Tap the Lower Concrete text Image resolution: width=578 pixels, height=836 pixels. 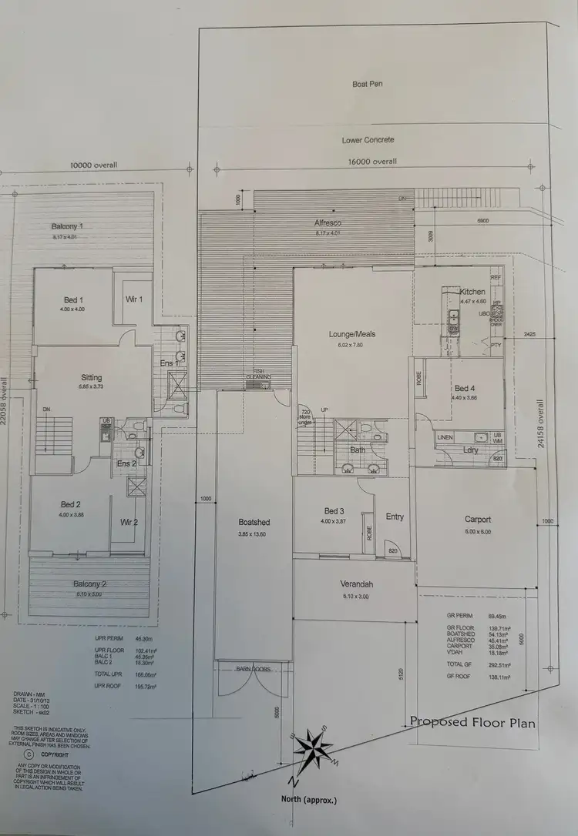point(368,140)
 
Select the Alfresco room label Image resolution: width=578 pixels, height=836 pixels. point(328,223)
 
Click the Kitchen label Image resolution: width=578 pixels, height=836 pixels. point(472,292)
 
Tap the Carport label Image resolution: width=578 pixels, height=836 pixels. point(478,520)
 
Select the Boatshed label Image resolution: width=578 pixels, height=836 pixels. point(254,522)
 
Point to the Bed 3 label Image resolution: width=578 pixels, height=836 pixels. point(333,512)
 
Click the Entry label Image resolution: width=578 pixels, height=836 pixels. point(395,517)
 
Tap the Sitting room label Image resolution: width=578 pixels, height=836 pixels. point(92,377)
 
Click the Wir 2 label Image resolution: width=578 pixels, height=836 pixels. point(129,522)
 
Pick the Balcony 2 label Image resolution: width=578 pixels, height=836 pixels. point(90,584)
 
